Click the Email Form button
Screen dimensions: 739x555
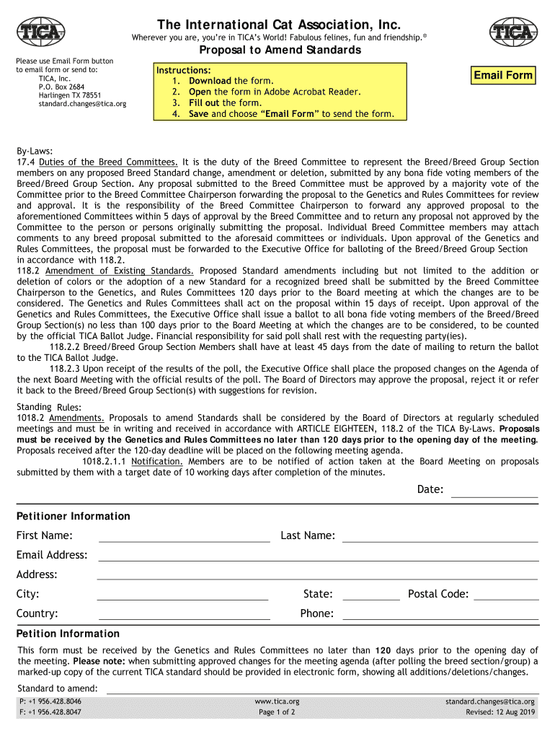[503, 76]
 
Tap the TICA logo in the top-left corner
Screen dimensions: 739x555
[41, 31]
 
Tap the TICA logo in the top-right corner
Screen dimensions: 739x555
[513, 31]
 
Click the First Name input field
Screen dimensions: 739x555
[184, 535]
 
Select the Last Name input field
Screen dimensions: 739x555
[440, 535]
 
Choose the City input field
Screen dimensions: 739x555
[182, 594]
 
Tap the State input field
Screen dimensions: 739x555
[370, 594]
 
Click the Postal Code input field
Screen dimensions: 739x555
[505, 594]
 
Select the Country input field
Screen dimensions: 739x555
[184, 613]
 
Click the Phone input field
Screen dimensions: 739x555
[440, 613]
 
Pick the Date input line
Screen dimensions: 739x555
[494, 491]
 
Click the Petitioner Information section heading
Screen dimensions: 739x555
[74, 516]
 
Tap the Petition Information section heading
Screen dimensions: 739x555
[68, 634]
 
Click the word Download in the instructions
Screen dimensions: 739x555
[210, 82]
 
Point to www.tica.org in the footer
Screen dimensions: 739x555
[277, 701]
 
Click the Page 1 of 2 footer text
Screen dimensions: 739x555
[277, 712]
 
